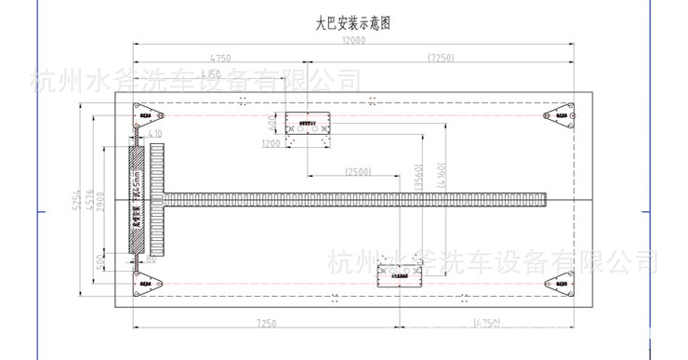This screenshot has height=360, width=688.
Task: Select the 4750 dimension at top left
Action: (x=220, y=58)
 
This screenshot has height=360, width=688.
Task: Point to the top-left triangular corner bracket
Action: (x=147, y=115)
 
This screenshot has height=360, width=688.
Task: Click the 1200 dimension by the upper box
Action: (x=271, y=143)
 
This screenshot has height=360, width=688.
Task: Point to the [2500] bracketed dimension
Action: (x=358, y=171)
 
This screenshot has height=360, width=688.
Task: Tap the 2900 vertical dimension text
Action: (x=104, y=197)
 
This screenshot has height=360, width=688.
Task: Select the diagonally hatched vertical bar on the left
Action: (x=136, y=197)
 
